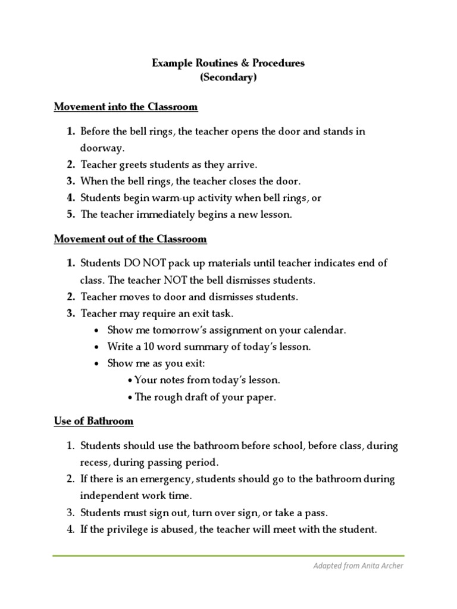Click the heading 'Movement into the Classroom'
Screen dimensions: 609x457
(x=126, y=107)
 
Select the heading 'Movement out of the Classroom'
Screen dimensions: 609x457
(x=130, y=239)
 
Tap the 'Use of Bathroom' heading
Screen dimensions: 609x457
(x=93, y=421)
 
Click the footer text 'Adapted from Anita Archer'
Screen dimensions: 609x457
(x=358, y=566)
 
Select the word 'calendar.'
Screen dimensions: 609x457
(x=325, y=329)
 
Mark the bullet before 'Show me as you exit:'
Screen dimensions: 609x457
(x=96, y=363)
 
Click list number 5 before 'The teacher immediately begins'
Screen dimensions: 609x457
(x=70, y=215)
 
